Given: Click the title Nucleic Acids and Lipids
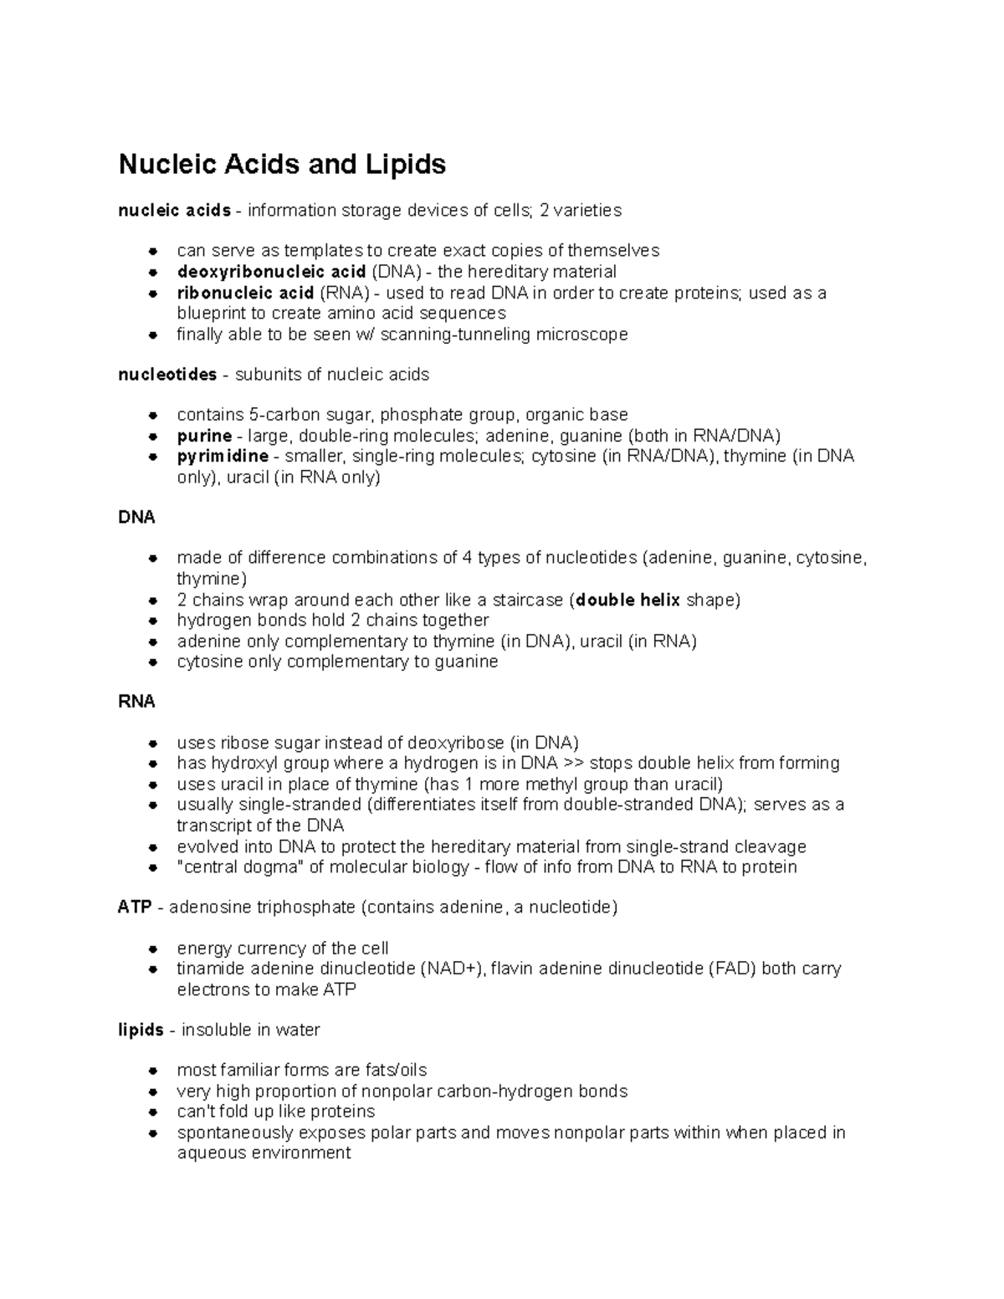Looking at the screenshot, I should (x=282, y=165).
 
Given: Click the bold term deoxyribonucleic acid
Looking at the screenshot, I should (x=271, y=272).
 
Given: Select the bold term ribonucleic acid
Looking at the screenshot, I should (x=245, y=293).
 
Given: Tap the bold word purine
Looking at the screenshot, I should (x=204, y=436).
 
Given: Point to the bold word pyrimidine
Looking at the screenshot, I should (x=223, y=457).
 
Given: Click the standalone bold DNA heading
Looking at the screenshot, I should (x=136, y=518).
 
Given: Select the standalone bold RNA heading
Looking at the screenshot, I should (x=136, y=702).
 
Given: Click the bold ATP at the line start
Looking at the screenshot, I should (x=135, y=908).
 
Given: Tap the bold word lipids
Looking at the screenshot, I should (x=141, y=1031).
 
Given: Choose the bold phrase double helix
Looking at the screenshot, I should (x=628, y=601).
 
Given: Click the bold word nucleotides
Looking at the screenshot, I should (x=167, y=375).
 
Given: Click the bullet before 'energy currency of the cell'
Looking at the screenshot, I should (x=152, y=949).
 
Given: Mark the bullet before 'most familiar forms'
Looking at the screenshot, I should (x=152, y=1071).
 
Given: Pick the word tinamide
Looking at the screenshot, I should (x=206, y=969).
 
